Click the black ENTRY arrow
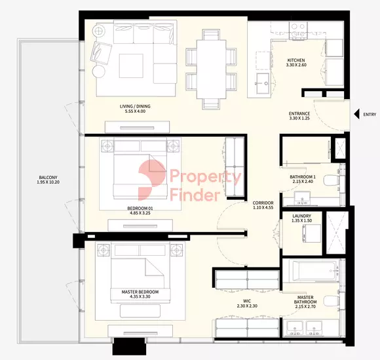356,114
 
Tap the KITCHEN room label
296,60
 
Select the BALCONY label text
48,177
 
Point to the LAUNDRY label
301,216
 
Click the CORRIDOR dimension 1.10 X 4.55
263,207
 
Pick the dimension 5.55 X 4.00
135,111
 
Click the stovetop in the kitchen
298,30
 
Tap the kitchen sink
263,83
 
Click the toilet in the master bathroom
332,301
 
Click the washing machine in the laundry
311,233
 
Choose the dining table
211,69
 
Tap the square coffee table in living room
131,66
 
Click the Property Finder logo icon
152,180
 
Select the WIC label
247,301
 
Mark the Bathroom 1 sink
302,198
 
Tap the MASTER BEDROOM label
140,292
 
